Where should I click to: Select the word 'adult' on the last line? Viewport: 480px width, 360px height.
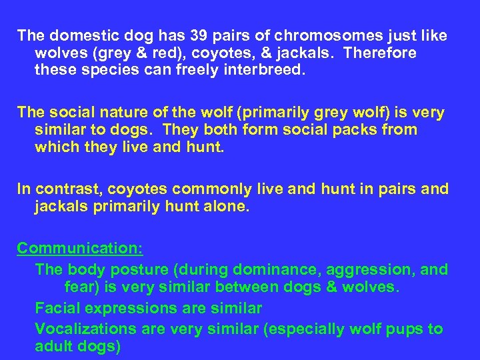(x=53, y=347)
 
